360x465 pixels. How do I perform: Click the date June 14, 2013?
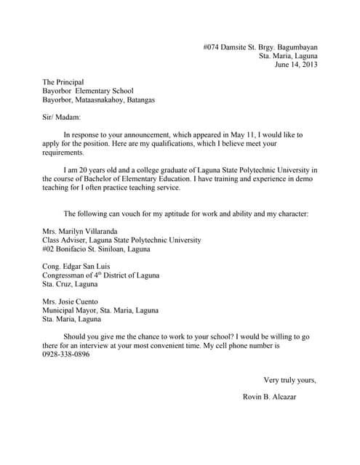tap(296, 65)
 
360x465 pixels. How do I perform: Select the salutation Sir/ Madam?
tap(62, 117)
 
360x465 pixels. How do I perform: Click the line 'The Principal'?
tap(63, 82)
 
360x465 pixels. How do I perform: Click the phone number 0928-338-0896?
tap(66, 355)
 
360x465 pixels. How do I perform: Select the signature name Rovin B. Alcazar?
tap(270, 397)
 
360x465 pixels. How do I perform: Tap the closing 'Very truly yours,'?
tap(289, 379)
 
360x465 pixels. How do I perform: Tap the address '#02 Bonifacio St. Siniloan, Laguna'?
tap(97, 248)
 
